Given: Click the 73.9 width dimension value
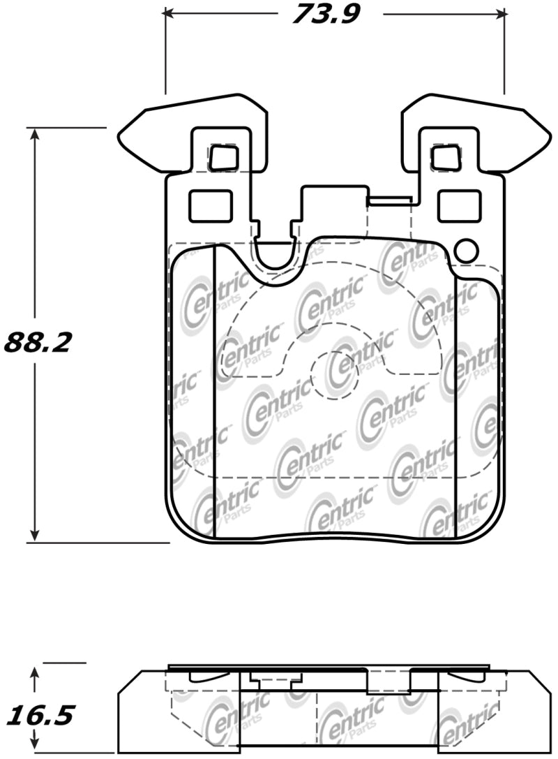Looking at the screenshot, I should coord(324,13).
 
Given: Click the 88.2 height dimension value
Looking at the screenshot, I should coord(38,342).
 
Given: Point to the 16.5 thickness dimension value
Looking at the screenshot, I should coord(40,716).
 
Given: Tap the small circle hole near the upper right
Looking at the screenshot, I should coord(465,250).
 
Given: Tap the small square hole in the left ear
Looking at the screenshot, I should coord(224,158).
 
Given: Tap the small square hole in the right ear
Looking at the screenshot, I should coord(444,158).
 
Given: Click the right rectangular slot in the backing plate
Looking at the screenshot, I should coord(457,206).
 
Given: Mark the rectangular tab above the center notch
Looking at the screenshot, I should coord(333,202).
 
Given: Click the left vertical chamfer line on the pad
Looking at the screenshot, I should coord(213,391).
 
